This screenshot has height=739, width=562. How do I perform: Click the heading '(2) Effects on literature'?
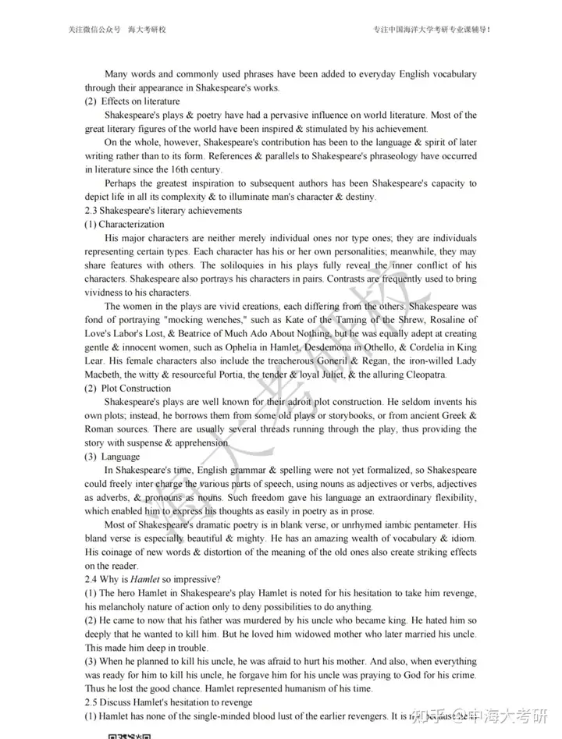click(x=132, y=101)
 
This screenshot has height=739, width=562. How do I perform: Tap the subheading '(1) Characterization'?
click(x=124, y=225)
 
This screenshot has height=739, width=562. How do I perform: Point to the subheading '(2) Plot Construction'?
click(x=127, y=388)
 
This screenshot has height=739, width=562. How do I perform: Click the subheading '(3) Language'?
click(x=112, y=457)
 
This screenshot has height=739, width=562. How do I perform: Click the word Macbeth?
click(x=105, y=375)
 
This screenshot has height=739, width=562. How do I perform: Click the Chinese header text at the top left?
click(x=117, y=30)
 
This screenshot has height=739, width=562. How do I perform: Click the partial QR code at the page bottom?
click(x=128, y=735)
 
